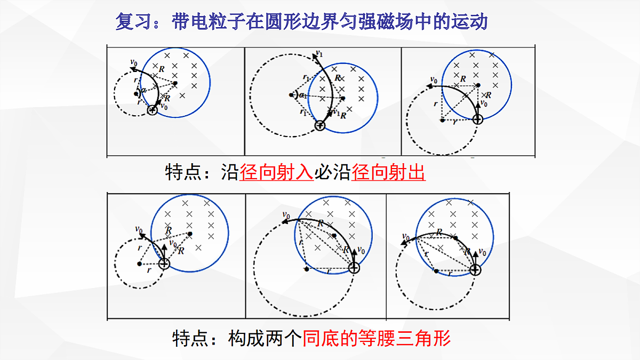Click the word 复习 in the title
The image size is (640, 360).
point(133,22)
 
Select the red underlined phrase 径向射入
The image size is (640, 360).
point(276,172)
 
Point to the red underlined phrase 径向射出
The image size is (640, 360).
point(388,172)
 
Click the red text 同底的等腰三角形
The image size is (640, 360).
point(377,338)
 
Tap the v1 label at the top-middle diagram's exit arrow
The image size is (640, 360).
point(319,53)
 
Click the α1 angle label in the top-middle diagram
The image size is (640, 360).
point(303,95)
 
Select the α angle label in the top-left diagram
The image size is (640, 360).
point(143,90)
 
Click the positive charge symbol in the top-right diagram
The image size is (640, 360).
point(478,119)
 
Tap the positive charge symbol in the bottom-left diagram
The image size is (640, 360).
point(164,263)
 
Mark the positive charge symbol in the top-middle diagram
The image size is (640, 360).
point(319,125)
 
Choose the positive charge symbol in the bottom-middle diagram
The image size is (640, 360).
point(354,268)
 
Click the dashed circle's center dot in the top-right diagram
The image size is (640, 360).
point(442,121)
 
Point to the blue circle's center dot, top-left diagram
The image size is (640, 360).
point(175,83)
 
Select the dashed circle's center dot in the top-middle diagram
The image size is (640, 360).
point(291,95)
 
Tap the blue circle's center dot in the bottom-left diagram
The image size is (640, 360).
point(190,234)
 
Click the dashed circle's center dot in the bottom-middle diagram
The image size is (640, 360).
point(307,269)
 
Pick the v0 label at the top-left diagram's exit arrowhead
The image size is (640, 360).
point(134,62)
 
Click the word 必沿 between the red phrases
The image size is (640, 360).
point(333,172)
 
